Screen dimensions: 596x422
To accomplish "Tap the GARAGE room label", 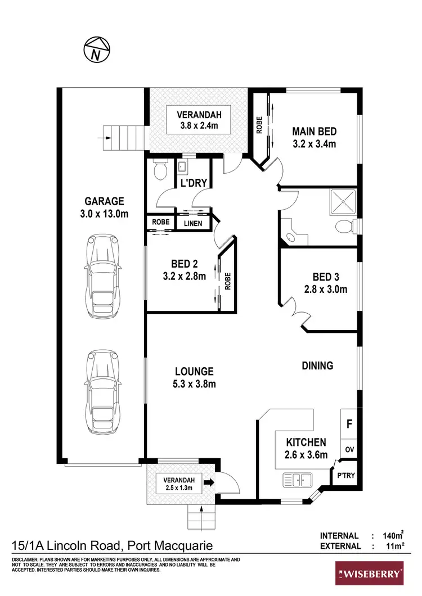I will pyautogui.click(x=104, y=201).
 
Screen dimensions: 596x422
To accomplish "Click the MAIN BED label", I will pyautogui.click(x=314, y=132).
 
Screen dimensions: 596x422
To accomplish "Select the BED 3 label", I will pyautogui.click(x=326, y=277).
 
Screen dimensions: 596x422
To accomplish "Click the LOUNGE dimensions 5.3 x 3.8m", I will pyautogui.click(x=195, y=384).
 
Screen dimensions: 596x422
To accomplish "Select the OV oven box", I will pyautogui.click(x=349, y=450).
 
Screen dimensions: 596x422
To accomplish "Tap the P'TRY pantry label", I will pyautogui.click(x=345, y=475).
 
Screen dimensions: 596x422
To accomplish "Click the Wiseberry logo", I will pyautogui.click(x=370, y=574).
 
